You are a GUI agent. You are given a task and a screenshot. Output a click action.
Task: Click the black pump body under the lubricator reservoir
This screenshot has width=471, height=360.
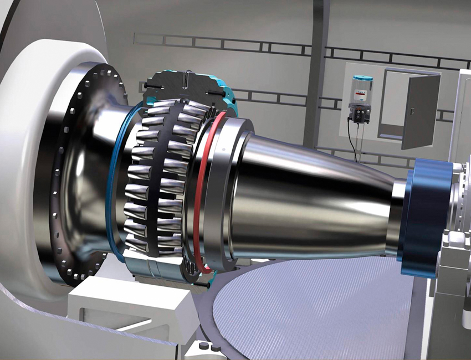click(x=360, y=114)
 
